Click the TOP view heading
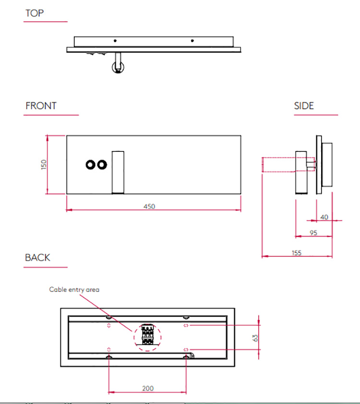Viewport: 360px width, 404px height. [x=34, y=13]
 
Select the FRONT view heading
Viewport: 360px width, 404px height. [x=41, y=106]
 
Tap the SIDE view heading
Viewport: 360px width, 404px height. [x=304, y=106]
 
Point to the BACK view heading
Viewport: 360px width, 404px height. [x=37, y=257]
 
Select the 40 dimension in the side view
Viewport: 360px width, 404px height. [x=324, y=217]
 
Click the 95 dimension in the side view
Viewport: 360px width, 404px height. [x=312, y=233]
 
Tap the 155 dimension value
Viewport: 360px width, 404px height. [x=296, y=253]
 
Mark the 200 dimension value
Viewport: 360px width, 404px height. [x=148, y=388]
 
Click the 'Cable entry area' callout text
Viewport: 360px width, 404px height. [x=74, y=290]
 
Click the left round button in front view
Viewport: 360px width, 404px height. [x=90, y=165]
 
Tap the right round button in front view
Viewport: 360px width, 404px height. [x=101, y=165]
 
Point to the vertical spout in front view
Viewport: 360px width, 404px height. [x=118, y=172]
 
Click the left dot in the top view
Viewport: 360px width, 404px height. [x=115, y=41]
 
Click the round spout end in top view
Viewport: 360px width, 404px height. [x=117, y=69]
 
